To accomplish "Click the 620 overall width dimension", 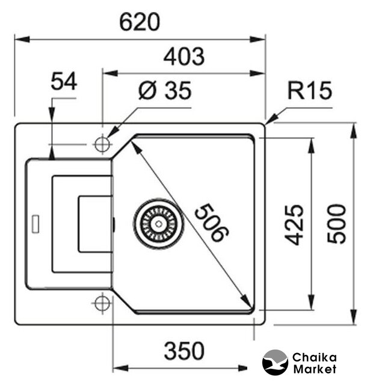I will point(140,22).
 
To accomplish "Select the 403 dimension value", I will point(183,57).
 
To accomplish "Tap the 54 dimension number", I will point(64,82).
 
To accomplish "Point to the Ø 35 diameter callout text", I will point(164,91).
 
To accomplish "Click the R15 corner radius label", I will point(309,91).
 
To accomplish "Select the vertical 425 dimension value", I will point(294,224).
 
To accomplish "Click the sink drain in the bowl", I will point(158,222).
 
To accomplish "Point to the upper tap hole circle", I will point(102,144).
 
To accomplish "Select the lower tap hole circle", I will point(102,302).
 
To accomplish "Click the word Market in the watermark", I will point(314,369).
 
